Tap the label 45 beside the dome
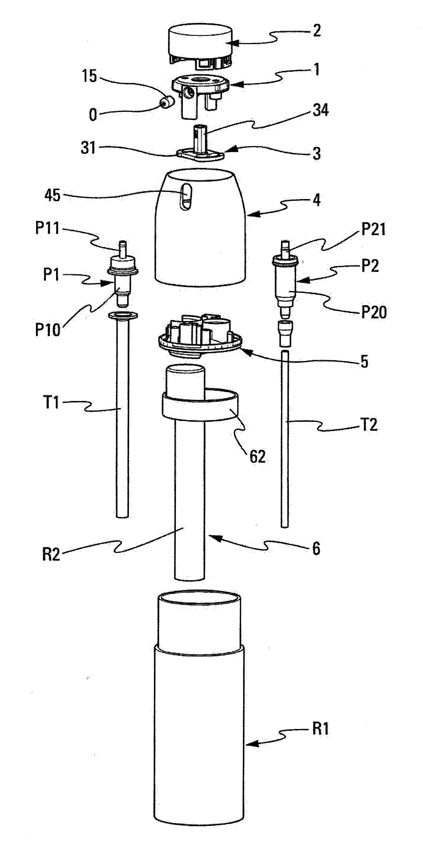(53, 195)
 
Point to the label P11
(47, 228)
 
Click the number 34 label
(320, 110)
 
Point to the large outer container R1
(199, 736)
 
